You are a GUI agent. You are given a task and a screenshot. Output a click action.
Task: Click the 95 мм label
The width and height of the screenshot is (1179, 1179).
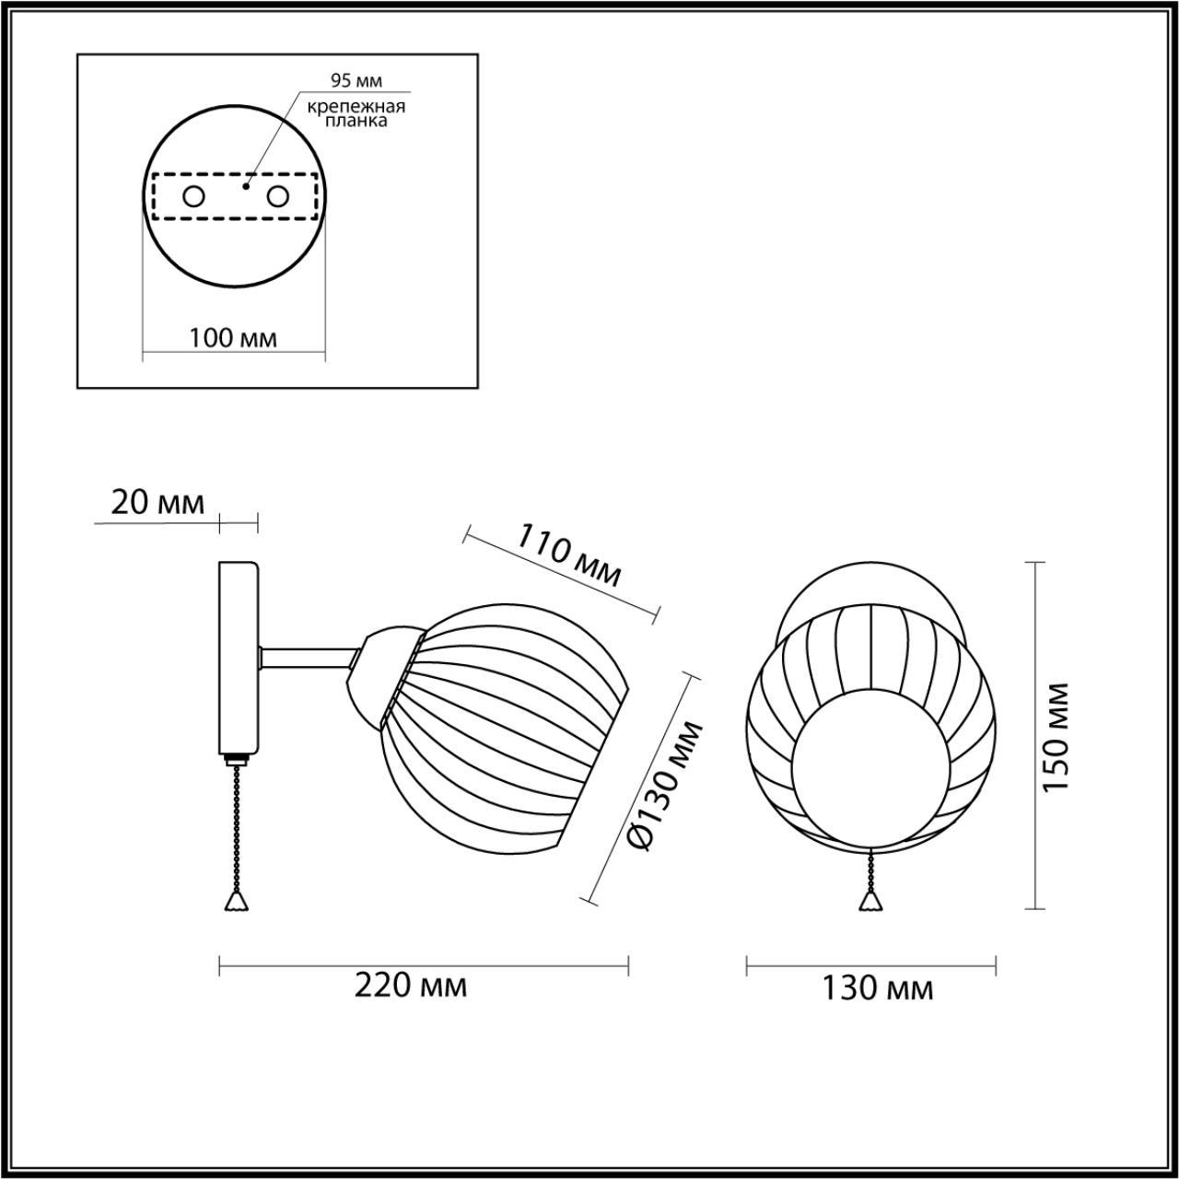click(x=356, y=81)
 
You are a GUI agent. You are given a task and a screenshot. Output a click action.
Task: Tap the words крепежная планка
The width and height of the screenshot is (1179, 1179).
click(x=356, y=113)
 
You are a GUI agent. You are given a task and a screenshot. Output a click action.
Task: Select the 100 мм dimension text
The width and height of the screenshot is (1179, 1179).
click(x=233, y=338)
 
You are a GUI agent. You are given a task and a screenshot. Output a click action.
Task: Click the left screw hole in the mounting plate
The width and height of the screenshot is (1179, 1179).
click(x=194, y=196)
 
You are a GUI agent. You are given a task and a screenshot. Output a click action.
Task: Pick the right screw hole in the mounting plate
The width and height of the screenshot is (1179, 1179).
click(x=277, y=196)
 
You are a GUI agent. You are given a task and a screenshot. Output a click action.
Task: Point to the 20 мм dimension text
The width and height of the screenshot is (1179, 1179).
click(x=158, y=502)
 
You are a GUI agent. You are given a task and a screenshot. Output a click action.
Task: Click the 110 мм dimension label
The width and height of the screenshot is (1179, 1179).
click(x=567, y=556)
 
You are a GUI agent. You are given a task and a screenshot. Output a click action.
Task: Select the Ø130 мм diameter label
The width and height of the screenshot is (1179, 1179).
click(x=663, y=786)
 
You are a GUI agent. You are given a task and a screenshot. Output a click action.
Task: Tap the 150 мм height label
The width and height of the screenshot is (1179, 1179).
click(x=1057, y=737)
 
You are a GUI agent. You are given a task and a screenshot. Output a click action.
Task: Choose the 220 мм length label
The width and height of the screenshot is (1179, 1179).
click(x=411, y=986)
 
